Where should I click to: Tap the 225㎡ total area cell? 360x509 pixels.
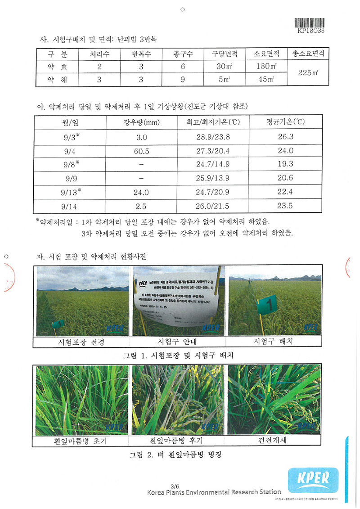308,73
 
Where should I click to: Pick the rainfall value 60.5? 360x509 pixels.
141,151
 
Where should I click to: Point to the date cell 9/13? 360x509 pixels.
72,193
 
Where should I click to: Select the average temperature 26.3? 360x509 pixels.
285,137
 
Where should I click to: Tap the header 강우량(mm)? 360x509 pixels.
141,122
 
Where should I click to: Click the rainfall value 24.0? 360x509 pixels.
141,193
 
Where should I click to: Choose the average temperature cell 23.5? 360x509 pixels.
285,206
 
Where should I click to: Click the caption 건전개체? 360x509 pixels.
274,441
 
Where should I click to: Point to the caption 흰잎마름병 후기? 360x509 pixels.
177,441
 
